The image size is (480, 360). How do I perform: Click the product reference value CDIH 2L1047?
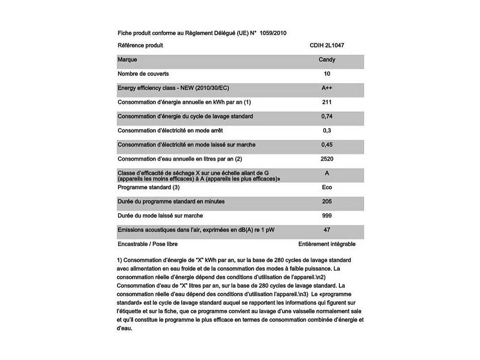point(327,45)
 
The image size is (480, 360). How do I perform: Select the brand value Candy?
point(327,60)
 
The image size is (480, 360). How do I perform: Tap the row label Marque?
point(127,60)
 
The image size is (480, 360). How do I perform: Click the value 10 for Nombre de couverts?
point(327,74)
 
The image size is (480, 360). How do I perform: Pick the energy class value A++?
point(327,88)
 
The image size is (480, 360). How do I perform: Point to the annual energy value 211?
point(327,102)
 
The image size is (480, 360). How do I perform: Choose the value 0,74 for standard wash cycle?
point(327,117)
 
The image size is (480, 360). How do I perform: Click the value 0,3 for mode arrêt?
point(327,131)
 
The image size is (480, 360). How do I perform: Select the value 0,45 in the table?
point(327,145)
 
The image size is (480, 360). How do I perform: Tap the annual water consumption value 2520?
point(327,159)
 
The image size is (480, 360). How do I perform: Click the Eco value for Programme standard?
point(327,188)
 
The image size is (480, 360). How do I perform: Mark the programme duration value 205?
point(327,202)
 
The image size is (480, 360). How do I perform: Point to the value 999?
point(327,216)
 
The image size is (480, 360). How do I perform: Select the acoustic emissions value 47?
point(327,230)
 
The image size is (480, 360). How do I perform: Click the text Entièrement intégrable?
point(327,244)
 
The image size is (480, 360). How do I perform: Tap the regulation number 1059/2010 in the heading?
point(273,33)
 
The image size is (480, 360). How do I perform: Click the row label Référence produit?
point(140,45)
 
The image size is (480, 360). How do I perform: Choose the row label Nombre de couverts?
point(143,74)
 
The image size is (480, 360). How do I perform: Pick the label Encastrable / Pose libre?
point(148,244)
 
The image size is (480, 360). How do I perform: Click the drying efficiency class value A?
point(327,173)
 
